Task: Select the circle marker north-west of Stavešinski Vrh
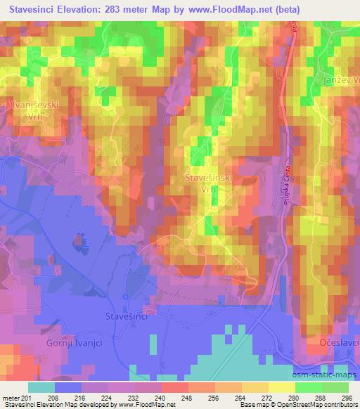[x=167, y=120]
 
